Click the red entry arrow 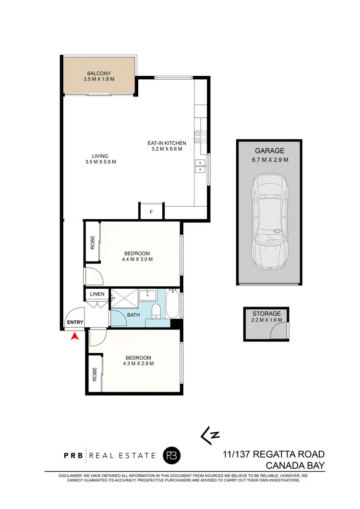pos(74,337)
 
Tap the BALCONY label pos(99,73)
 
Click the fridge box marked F pos(151,212)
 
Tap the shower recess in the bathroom pos(124,298)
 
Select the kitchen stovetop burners pos(200,137)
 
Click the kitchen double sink pos(200,166)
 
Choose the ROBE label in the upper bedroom pos(92,243)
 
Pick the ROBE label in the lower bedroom pos(94,374)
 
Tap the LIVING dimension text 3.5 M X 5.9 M pos(100,162)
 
